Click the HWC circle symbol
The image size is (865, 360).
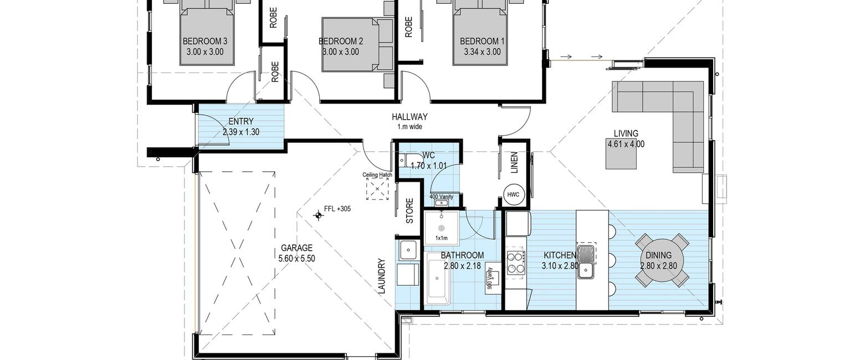click(513, 195)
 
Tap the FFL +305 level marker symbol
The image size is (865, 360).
click(318, 215)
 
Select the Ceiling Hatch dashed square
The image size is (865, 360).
click(377, 189)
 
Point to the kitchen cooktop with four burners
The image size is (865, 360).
click(516, 263)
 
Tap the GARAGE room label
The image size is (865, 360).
click(296, 248)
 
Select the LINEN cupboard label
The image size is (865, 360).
click(514, 162)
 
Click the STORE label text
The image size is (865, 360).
click(410, 210)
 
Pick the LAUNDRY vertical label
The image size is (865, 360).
click(382, 276)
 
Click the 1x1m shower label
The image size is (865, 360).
click(442, 238)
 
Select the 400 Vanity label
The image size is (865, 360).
click(442, 197)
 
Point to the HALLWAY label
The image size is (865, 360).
click(410, 116)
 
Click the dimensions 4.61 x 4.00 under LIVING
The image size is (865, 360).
click(626, 145)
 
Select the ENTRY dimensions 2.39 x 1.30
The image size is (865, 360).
click(241, 132)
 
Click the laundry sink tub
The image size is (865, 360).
click(408, 250)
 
